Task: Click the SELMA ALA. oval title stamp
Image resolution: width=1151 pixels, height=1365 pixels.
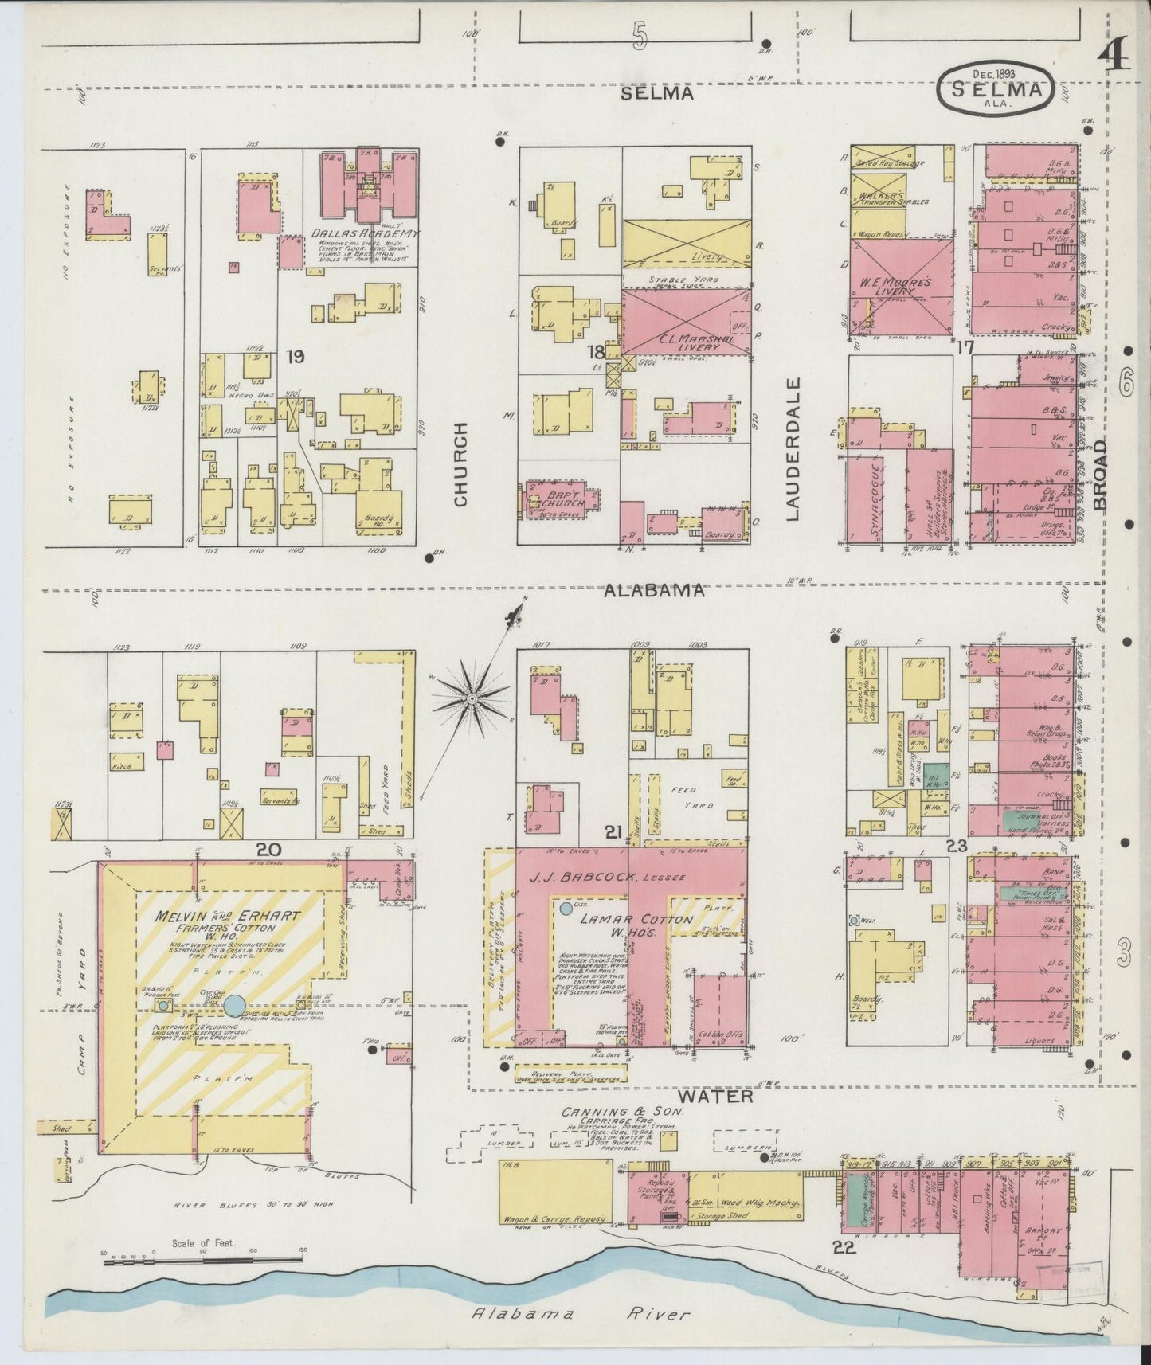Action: coord(998,90)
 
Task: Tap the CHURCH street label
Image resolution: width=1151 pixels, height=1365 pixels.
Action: coord(461,464)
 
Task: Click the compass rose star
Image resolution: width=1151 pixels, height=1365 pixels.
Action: coord(472,698)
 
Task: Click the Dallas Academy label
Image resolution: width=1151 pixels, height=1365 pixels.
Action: coord(365,233)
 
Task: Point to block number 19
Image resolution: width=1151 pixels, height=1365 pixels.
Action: coord(295,357)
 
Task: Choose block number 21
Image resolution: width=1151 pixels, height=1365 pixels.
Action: coord(613,833)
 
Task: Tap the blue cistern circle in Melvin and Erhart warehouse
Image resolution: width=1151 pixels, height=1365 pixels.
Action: coord(234,1005)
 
